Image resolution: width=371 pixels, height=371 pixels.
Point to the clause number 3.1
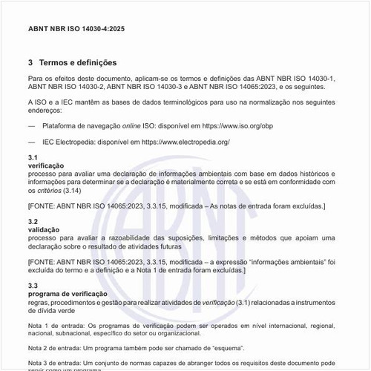coord(33,158)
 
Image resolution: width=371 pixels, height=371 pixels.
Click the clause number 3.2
coord(33,222)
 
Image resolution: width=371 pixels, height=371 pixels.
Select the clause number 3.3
coord(33,286)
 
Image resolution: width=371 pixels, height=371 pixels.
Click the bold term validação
coord(44,230)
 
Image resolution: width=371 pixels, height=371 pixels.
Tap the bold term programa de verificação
coord(68,294)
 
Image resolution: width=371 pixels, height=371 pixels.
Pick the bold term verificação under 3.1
coord(46,165)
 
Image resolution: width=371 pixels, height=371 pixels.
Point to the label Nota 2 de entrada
coord(53,347)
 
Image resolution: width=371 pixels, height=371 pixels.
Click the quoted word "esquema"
coord(223,347)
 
